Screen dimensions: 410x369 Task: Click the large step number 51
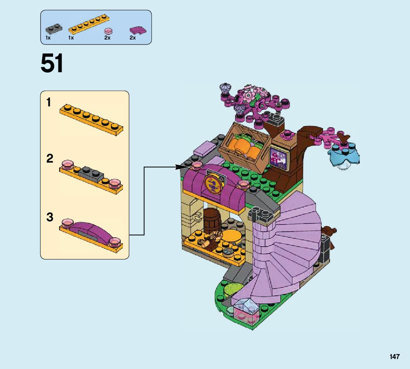(x=52, y=64)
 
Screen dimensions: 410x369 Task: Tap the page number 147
(x=394, y=357)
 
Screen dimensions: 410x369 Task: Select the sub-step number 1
(x=49, y=103)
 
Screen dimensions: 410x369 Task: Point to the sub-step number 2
(x=50, y=159)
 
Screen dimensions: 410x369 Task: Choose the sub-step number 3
(x=50, y=217)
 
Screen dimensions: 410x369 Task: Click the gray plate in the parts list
(x=53, y=28)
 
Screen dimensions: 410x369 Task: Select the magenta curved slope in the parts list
(x=137, y=31)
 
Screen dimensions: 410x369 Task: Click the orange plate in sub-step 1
(x=92, y=118)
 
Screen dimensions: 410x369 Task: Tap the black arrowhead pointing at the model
(x=182, y=167)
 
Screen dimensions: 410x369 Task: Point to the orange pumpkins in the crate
(x=245, y=148)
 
